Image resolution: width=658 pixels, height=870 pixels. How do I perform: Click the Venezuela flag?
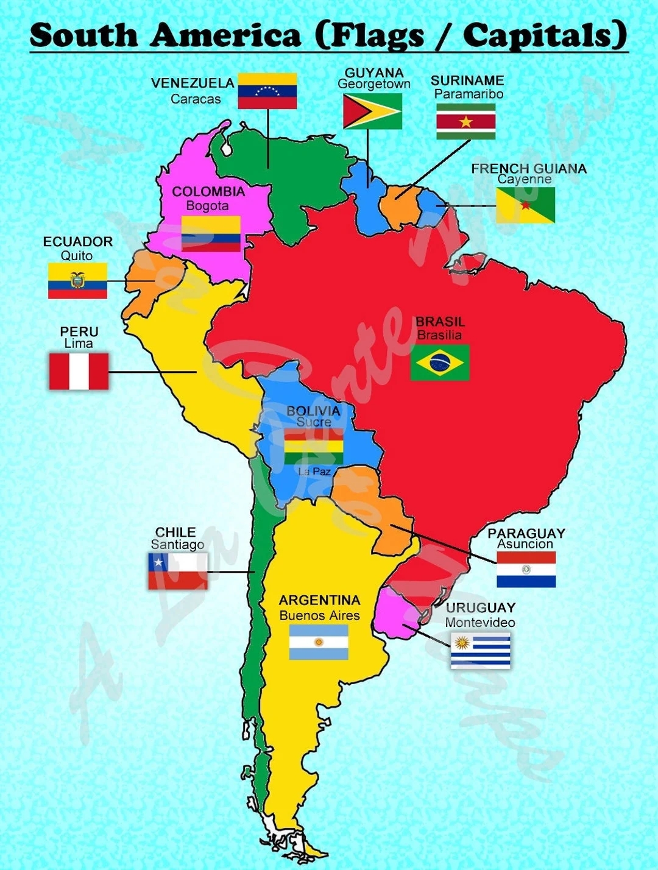pyautogui.click(x=267, y=91)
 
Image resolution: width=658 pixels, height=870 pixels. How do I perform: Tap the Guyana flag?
pyautogui.click(x=372, y=111)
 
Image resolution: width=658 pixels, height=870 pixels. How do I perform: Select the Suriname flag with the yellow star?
pyautogui.click(x=465, y=121)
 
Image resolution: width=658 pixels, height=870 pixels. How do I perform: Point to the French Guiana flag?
pyautogui.click(x=525, y=205)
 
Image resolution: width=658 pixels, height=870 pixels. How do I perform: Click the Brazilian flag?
pyautogui.click(x=439, y=362)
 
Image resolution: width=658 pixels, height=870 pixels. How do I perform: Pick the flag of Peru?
pyautogui.click(x=79, y=371)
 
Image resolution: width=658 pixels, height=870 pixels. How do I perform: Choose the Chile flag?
pyautogui.click(x=177, y=571)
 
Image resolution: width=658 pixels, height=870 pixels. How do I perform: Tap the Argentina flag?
pyautogui.click(x=319, y=642)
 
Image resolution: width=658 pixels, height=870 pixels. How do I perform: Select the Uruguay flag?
pyautogui.click(x=480, y=650)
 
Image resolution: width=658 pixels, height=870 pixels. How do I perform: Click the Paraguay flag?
pyautogui.click(x=526, y=570)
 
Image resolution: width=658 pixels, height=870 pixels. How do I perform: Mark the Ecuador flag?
pyautogui.click(x=77, y=280)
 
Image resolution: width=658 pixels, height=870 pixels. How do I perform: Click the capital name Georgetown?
pyautogui.click(x=374, y=84)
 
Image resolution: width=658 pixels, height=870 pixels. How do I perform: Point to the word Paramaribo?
pyautogui.click(x=469, y=94)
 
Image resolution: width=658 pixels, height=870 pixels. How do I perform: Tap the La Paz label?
pyautogui.click(x=314, y=472)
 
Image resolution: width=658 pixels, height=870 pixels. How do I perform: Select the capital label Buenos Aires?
pyautogui.click(x=319, y=615)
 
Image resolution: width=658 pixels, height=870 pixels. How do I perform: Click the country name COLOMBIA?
pyautogui.click(x=208, y=191)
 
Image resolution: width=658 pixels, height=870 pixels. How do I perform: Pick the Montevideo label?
pyautogui.click(x=479, y=622)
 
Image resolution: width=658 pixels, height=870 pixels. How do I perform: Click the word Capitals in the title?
pyautogui.click(x=544, y=35)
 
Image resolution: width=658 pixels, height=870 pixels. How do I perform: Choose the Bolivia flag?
pyautogui.click(x=313, y=446)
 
